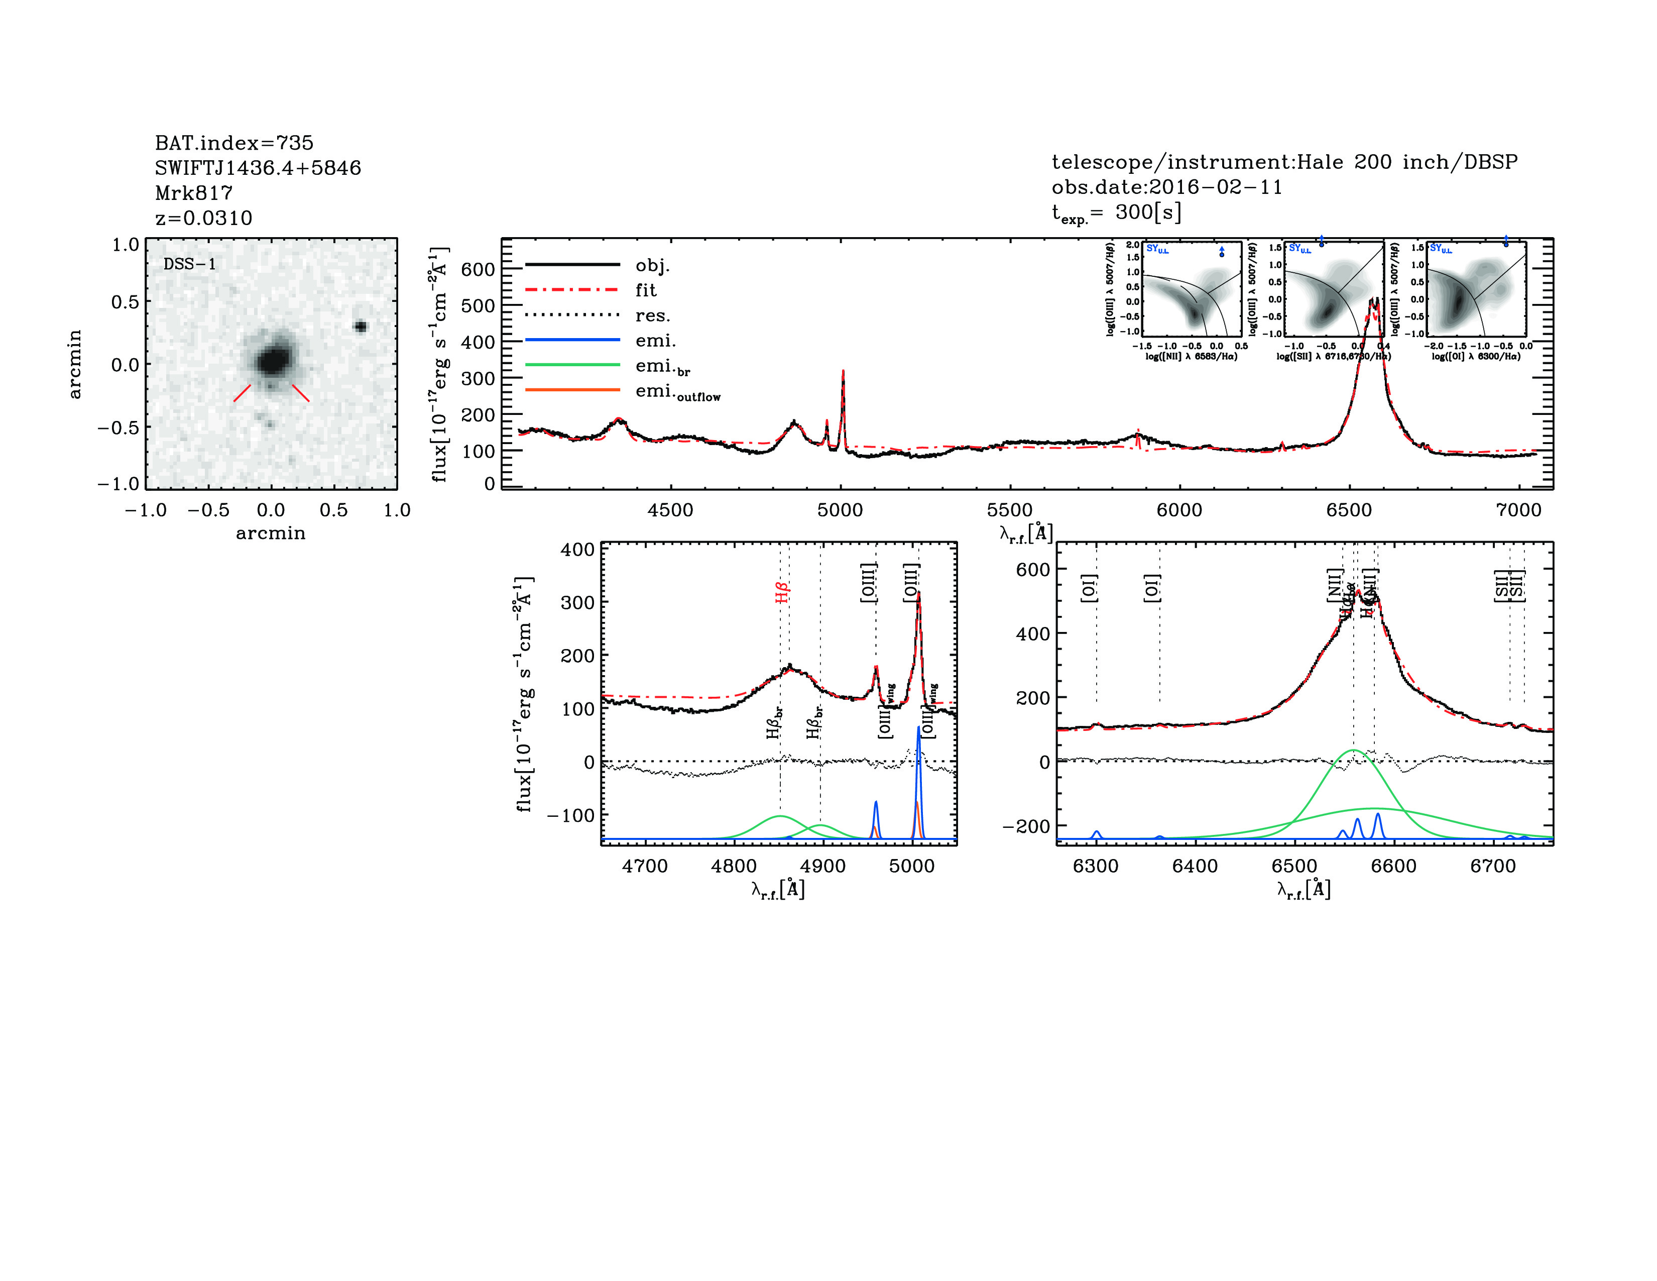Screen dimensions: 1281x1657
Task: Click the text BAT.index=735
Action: coord(233,143)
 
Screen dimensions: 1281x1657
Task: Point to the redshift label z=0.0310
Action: coord(203,218)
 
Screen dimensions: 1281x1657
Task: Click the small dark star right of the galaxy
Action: coord(361,327)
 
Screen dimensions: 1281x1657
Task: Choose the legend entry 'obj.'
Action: coord(652,266)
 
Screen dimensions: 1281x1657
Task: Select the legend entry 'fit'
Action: coord(646,290)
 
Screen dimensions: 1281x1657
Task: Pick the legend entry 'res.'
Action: coord(652,315)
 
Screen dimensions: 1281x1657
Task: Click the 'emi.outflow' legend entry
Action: coord(677,392)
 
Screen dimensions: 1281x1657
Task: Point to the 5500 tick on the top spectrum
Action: coord(1010,510)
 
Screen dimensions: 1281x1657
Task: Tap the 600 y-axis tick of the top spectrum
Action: coord(478,269)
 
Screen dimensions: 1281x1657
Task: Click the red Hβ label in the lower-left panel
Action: coord(782,592)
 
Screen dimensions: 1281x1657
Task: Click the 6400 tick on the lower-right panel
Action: coord(1195,866)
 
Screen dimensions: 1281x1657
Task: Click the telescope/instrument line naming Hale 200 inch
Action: coord(1284,162)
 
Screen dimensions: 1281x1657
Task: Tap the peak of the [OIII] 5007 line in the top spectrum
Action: coord(843,372)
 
